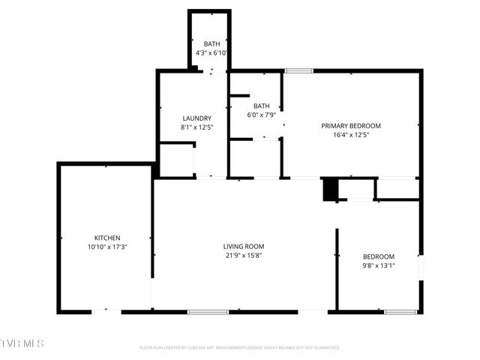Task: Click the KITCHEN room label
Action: click(x=107, y=238)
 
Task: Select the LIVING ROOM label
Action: click(x=244, y=246)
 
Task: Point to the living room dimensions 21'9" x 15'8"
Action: click(x=244, y=255)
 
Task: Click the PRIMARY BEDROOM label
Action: click(x=351, y=125)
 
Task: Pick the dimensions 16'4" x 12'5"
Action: click(x=351, y=135)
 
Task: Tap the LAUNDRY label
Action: click(x=196, y=118)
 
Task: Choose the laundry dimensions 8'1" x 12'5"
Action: click(x=196, y=127)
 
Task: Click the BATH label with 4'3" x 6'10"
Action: click(x=211, y=44)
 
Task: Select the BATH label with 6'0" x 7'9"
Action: click(x=262, y=106)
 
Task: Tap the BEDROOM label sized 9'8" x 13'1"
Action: click(x=378, y=256)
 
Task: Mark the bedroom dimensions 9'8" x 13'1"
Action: click(x=378, y=265)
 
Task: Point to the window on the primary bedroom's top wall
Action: click(x=298, y=71)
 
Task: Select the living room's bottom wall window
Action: click(x=208, y=311)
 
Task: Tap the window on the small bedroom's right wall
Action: click(x=420, y=266)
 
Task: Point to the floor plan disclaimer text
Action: click(x=240, y=347)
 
